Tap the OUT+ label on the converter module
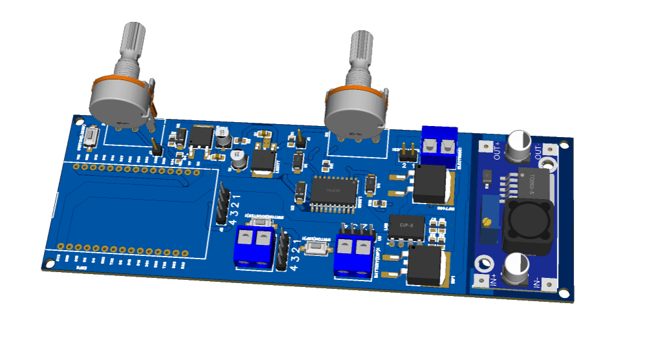tap(498, 149)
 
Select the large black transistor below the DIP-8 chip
tap(425, 265)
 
